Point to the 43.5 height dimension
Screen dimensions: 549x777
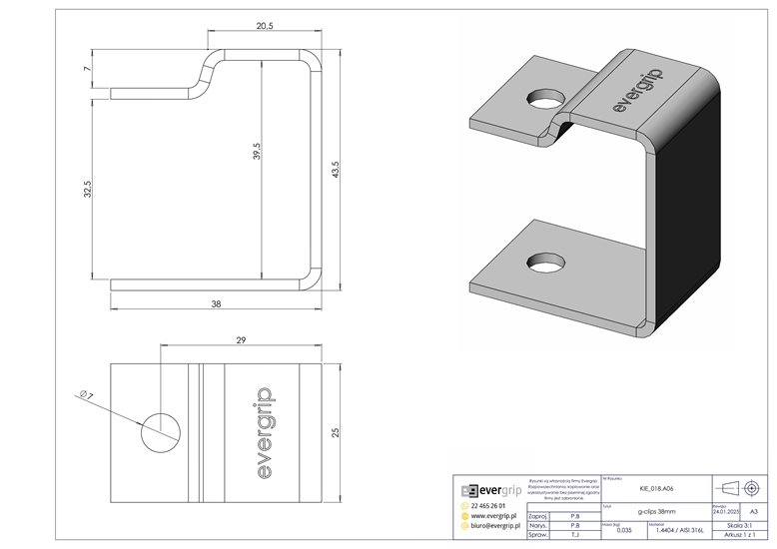tap(337, 169)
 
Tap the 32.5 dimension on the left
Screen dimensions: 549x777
tap(88, 190)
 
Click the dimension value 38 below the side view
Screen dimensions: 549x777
tap(216, 303)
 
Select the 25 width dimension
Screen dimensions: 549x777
tap(337, 432)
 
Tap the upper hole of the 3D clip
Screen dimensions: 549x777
tap(544, 102)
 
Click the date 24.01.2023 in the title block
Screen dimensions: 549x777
tap(726, 511)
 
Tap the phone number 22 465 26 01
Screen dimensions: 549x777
tap(493, 507)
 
